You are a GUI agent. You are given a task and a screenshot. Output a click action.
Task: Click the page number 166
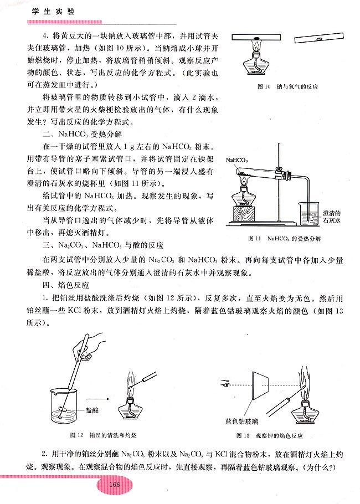(x=115, y=485)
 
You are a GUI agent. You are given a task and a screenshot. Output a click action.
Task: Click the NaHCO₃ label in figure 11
(x=237, y=160)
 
